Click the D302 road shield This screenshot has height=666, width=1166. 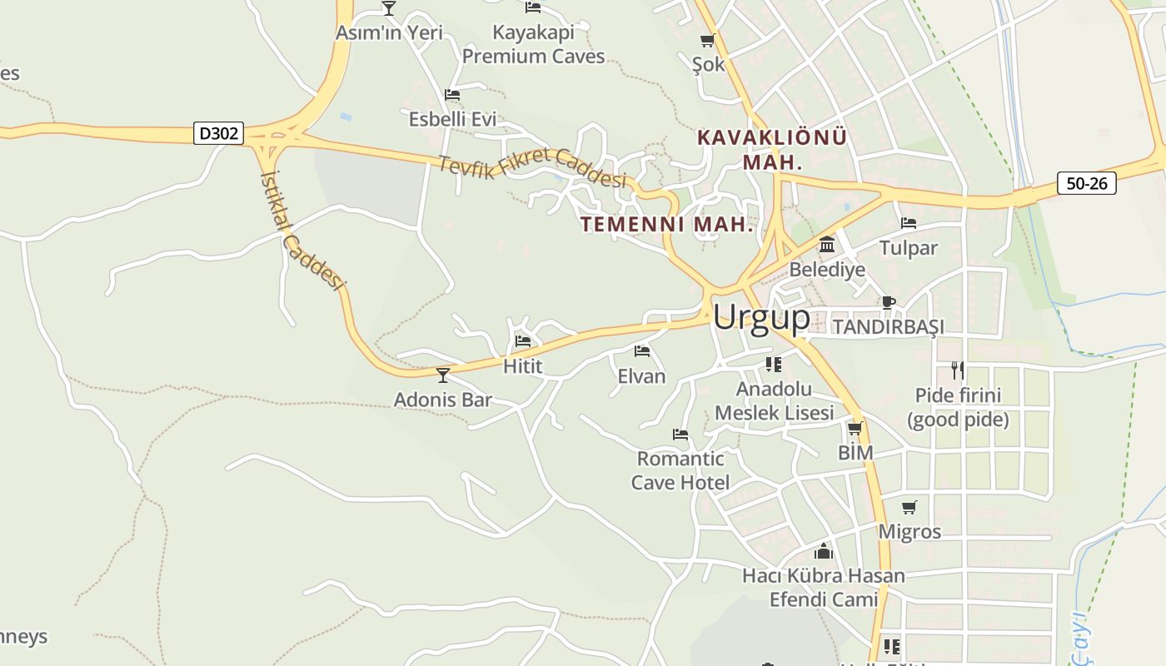click(219, 133)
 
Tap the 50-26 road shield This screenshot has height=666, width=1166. click(1086, 183)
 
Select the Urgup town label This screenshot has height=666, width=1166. click(761, 317)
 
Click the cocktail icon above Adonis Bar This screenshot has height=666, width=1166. click(443, 375)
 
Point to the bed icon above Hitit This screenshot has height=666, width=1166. click(523, 340)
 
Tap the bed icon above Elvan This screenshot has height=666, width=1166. click(641, 351)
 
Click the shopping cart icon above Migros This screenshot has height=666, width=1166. click(909, 507)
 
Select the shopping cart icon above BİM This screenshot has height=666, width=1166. click(855, 428)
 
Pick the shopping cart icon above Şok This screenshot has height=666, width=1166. click(708, 40)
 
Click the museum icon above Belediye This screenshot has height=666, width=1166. click(827, 245)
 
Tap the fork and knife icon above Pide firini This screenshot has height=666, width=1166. click(958, 370)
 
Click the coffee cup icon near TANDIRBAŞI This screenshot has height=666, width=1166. click(889, 302)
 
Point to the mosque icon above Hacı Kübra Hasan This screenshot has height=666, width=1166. click(824, 550)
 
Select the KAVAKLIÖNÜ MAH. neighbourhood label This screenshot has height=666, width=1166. click(772, 149)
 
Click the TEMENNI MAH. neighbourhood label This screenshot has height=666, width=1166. click(667, 224)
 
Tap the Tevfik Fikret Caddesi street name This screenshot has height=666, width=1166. click(532, 167)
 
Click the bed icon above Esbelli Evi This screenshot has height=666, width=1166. click(452, 95)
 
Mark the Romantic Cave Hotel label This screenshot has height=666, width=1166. click(680, 470)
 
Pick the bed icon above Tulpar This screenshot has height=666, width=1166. click(909, 223)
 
